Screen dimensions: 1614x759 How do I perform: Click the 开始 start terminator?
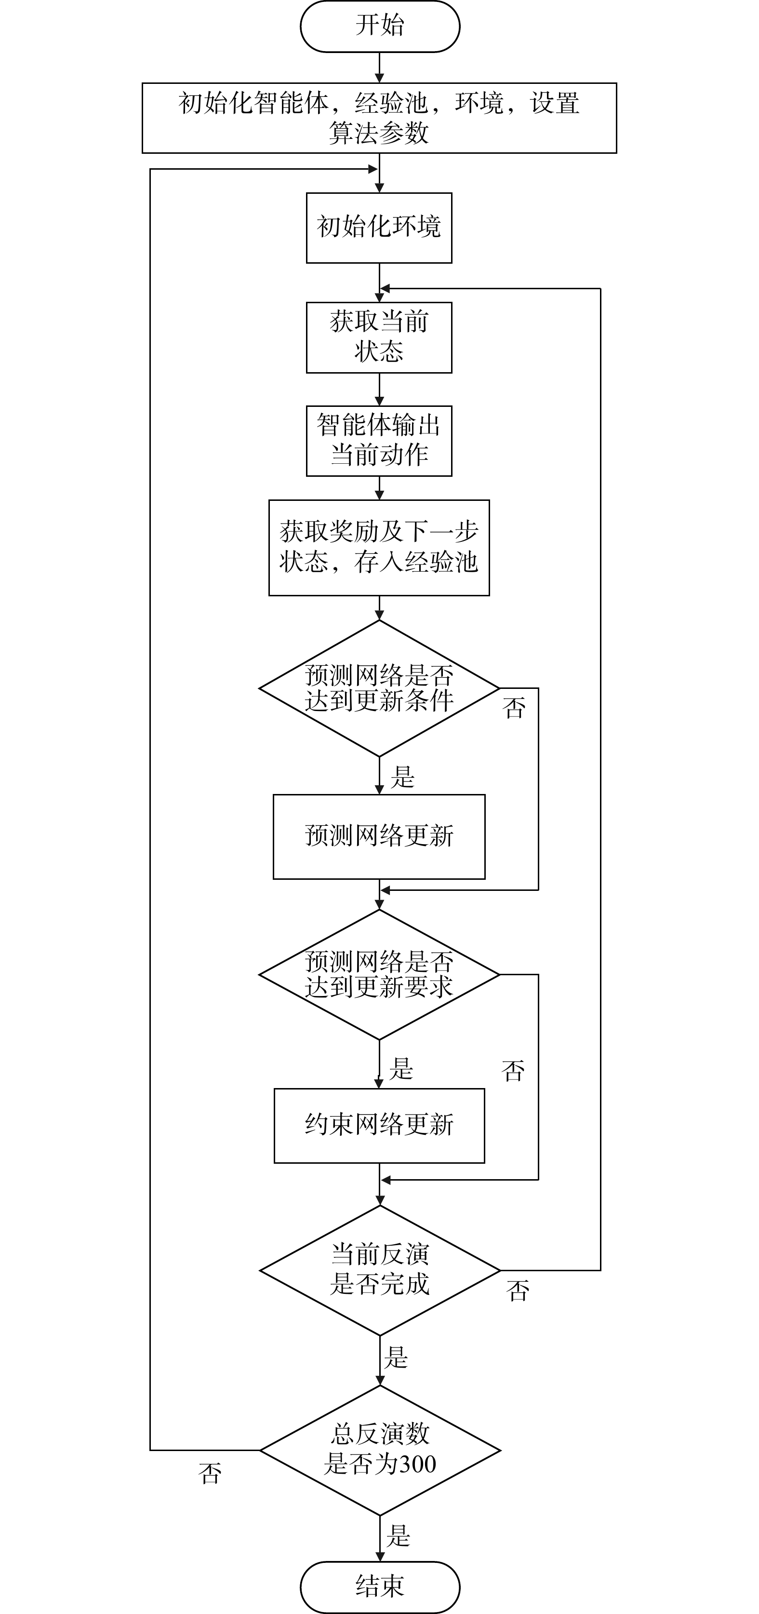[x=380, y=26]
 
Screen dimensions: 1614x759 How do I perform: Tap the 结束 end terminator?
[x=380, y=1586]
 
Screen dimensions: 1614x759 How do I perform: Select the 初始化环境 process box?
[x=379, y=228]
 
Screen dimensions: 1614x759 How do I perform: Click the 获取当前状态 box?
[x=379, y=337]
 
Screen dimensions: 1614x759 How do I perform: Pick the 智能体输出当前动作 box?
[x=379, y=441]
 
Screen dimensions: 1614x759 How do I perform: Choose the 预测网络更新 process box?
[x=379, y=836]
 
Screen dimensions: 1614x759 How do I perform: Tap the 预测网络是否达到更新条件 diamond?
[x=379, y=688]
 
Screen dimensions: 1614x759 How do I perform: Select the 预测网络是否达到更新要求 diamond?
[x=379, y=974]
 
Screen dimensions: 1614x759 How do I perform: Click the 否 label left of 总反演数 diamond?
[x=210, y=1474]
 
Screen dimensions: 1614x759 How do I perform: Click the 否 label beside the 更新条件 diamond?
[x=514, y=709]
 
